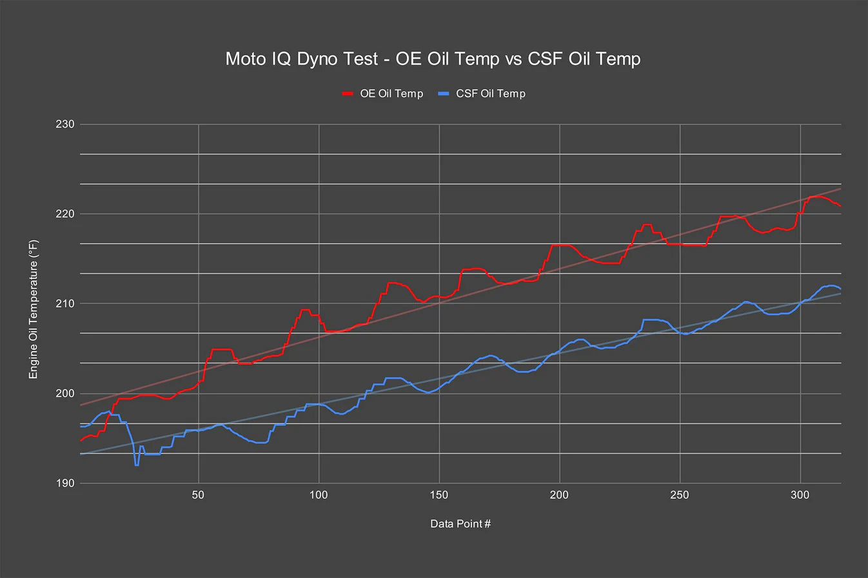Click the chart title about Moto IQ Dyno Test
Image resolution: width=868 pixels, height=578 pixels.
(433, 59)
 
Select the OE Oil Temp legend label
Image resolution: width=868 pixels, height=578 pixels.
(391, 93)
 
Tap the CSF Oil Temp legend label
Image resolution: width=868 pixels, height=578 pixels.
(491, 93)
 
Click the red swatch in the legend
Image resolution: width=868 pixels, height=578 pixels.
(348, 93)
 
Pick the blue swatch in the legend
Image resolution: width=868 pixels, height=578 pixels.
(443, 93)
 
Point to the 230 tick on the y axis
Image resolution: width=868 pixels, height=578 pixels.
(65, 124)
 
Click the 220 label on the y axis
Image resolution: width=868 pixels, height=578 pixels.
(65, 214)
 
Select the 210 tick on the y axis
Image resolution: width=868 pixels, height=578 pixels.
(65, 303)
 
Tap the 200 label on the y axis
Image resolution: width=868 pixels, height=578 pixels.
(65, 393)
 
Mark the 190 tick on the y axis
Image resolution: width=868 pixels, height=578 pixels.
(65, 483)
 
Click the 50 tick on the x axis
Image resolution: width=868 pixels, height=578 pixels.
(198, 495)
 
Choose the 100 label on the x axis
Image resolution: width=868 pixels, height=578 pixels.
(319, 495)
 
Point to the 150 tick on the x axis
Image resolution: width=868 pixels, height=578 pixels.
(439, 495)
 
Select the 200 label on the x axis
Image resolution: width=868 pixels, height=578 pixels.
(559, 495)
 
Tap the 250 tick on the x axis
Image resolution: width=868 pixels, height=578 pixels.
(680, 495)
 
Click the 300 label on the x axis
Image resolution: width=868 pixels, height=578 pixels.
(800, 495)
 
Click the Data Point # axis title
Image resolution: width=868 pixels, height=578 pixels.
(460, 524)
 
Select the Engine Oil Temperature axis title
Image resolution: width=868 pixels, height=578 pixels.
(34, 309)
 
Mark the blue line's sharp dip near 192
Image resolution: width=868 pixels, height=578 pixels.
(136, 464)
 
